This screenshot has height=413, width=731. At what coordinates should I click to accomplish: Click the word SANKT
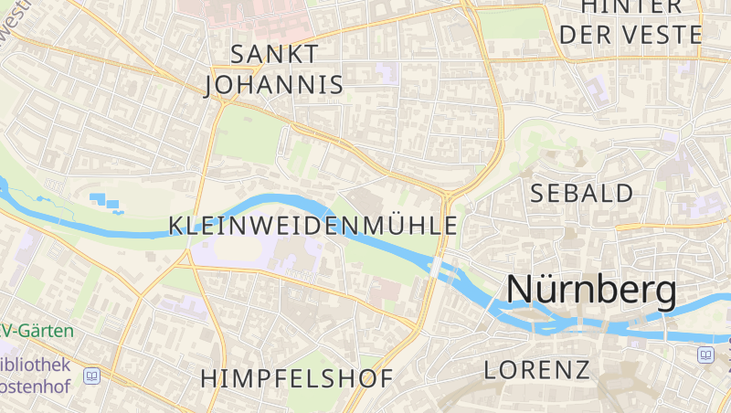coord(274,54)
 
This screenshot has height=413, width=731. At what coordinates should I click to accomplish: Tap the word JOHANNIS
coord(274,85)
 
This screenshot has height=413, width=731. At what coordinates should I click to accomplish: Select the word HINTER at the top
coord(631,7)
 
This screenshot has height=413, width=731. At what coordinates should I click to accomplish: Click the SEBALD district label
coord(582,193)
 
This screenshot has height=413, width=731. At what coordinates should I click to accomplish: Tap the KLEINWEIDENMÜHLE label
coord(313,225)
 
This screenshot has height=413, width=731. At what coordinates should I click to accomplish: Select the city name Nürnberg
coord(591,290)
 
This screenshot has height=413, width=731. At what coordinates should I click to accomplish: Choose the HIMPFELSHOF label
coord(297,378)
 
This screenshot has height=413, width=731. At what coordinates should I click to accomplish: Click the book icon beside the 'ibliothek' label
coord(91,376)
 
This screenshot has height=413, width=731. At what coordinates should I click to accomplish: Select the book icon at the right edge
coord(705,355)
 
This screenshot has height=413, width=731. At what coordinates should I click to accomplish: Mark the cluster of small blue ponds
coord(106,202)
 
